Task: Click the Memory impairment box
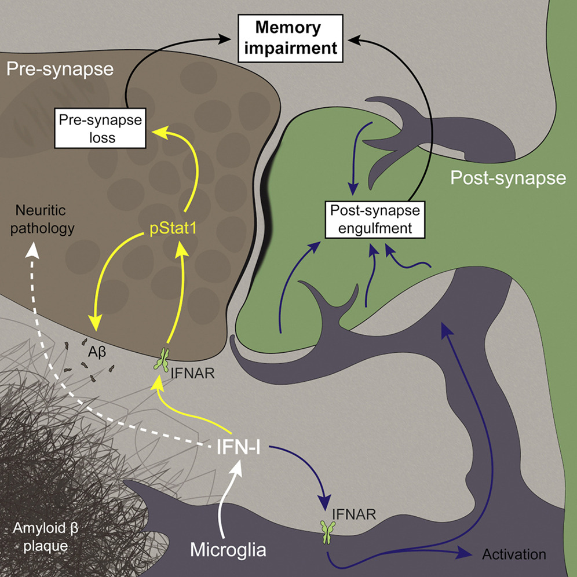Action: click(x=288, y=38)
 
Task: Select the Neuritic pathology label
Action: click(x=45, y=219)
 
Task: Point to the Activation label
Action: click(x=514, y=554)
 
